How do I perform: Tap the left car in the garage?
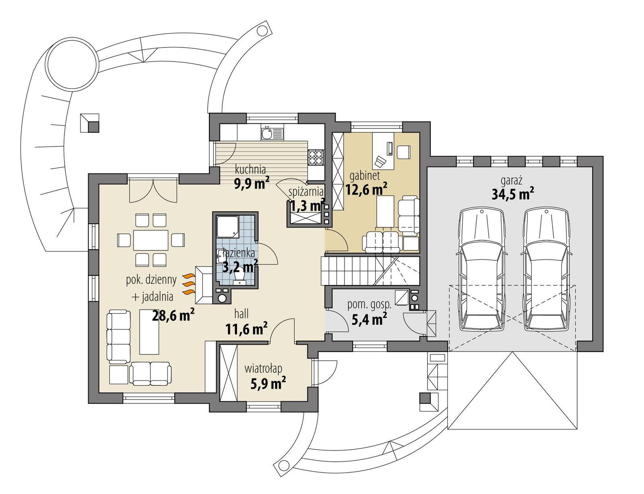[481, 269]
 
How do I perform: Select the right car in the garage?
[547, 269]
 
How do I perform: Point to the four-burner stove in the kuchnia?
[316, 157]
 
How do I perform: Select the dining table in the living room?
[151, 240]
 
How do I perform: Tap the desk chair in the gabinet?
[380, 161]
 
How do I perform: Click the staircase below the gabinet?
[370, 271]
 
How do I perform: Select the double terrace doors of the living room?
[153, 192]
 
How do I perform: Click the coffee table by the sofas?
[149, 331]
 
